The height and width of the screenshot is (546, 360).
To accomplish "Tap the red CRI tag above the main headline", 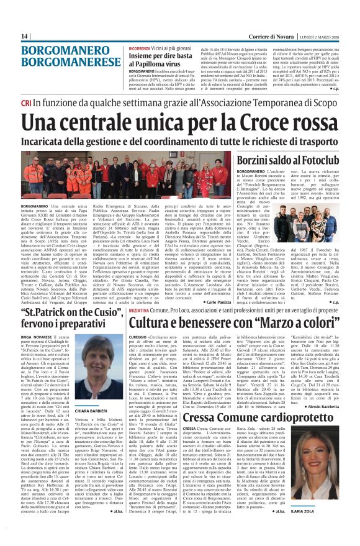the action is pos(26,102).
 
